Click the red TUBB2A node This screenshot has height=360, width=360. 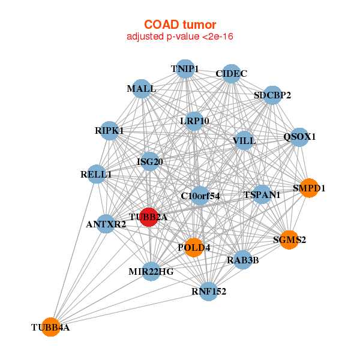148,217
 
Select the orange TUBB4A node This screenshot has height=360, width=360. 50,327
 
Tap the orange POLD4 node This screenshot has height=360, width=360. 193,247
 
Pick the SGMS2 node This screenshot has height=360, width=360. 289,240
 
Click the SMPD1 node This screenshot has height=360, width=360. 308,188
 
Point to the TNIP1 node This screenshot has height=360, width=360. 185,68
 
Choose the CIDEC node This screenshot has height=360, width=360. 232,73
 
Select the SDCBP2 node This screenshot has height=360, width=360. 272,95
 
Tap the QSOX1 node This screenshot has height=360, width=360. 299,136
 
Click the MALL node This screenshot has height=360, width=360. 141,89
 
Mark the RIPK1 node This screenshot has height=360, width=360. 109,130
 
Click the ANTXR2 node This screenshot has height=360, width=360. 106,224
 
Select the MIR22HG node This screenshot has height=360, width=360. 151,271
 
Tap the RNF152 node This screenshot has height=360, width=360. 209,292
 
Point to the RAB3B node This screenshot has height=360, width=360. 243,260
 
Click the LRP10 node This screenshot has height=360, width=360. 194,121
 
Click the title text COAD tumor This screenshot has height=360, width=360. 180,25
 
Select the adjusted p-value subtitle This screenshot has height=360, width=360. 180,37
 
